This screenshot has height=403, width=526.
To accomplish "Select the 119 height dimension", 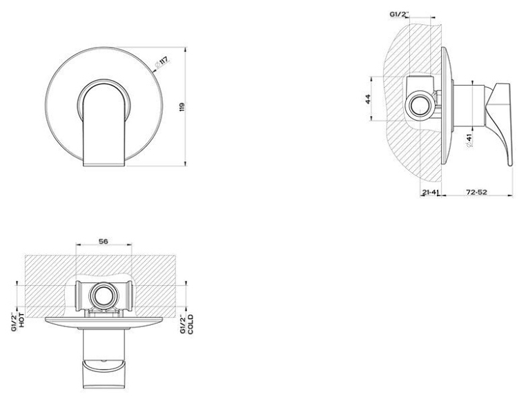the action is point(182,107).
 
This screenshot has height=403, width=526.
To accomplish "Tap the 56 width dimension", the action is point(104,241).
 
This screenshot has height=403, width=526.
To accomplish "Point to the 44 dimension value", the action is point(368,99).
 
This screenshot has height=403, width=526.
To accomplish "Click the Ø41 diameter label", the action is point(469,140).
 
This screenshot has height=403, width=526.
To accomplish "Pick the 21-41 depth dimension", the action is point(431,192).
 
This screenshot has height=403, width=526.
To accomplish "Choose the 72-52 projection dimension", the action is point(476,192).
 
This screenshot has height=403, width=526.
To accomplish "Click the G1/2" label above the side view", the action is point(400,14).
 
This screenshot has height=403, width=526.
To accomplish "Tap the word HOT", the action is point(21,320).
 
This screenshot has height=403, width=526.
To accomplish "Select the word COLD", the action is point(191,324).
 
